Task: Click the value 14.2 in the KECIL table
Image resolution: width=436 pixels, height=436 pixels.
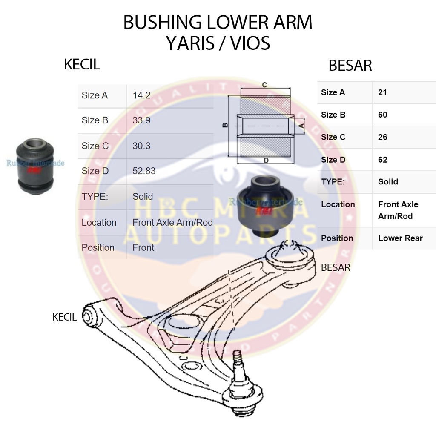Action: [x=141, y=95]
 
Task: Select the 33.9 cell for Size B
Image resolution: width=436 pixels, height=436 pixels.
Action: [x=141, y=120]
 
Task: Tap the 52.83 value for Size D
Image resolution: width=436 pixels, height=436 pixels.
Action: [x=144, y=171]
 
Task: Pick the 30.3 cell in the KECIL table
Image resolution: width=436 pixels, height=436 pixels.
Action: [x=141, y=146]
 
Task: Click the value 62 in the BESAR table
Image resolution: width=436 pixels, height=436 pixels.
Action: [x=383, y=160]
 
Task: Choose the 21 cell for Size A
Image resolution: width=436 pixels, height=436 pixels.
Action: [x=382, y=92]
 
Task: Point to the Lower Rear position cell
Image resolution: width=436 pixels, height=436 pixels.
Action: [x=400, y=238]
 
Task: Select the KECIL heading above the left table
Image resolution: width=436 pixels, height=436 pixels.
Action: [x=82, y=64]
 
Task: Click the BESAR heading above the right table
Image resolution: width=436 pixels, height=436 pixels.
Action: [x=350, y=66]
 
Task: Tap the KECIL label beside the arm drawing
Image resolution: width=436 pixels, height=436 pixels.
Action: [x=64, y=317]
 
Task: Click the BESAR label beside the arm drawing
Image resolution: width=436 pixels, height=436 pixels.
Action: [x=336, y=268]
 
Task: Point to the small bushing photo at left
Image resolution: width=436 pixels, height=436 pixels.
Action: [x=35, y=166]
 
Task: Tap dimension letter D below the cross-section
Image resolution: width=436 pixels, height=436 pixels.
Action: [x=266, y=161]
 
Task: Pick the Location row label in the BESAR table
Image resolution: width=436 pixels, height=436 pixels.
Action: [x=338, y=204]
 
